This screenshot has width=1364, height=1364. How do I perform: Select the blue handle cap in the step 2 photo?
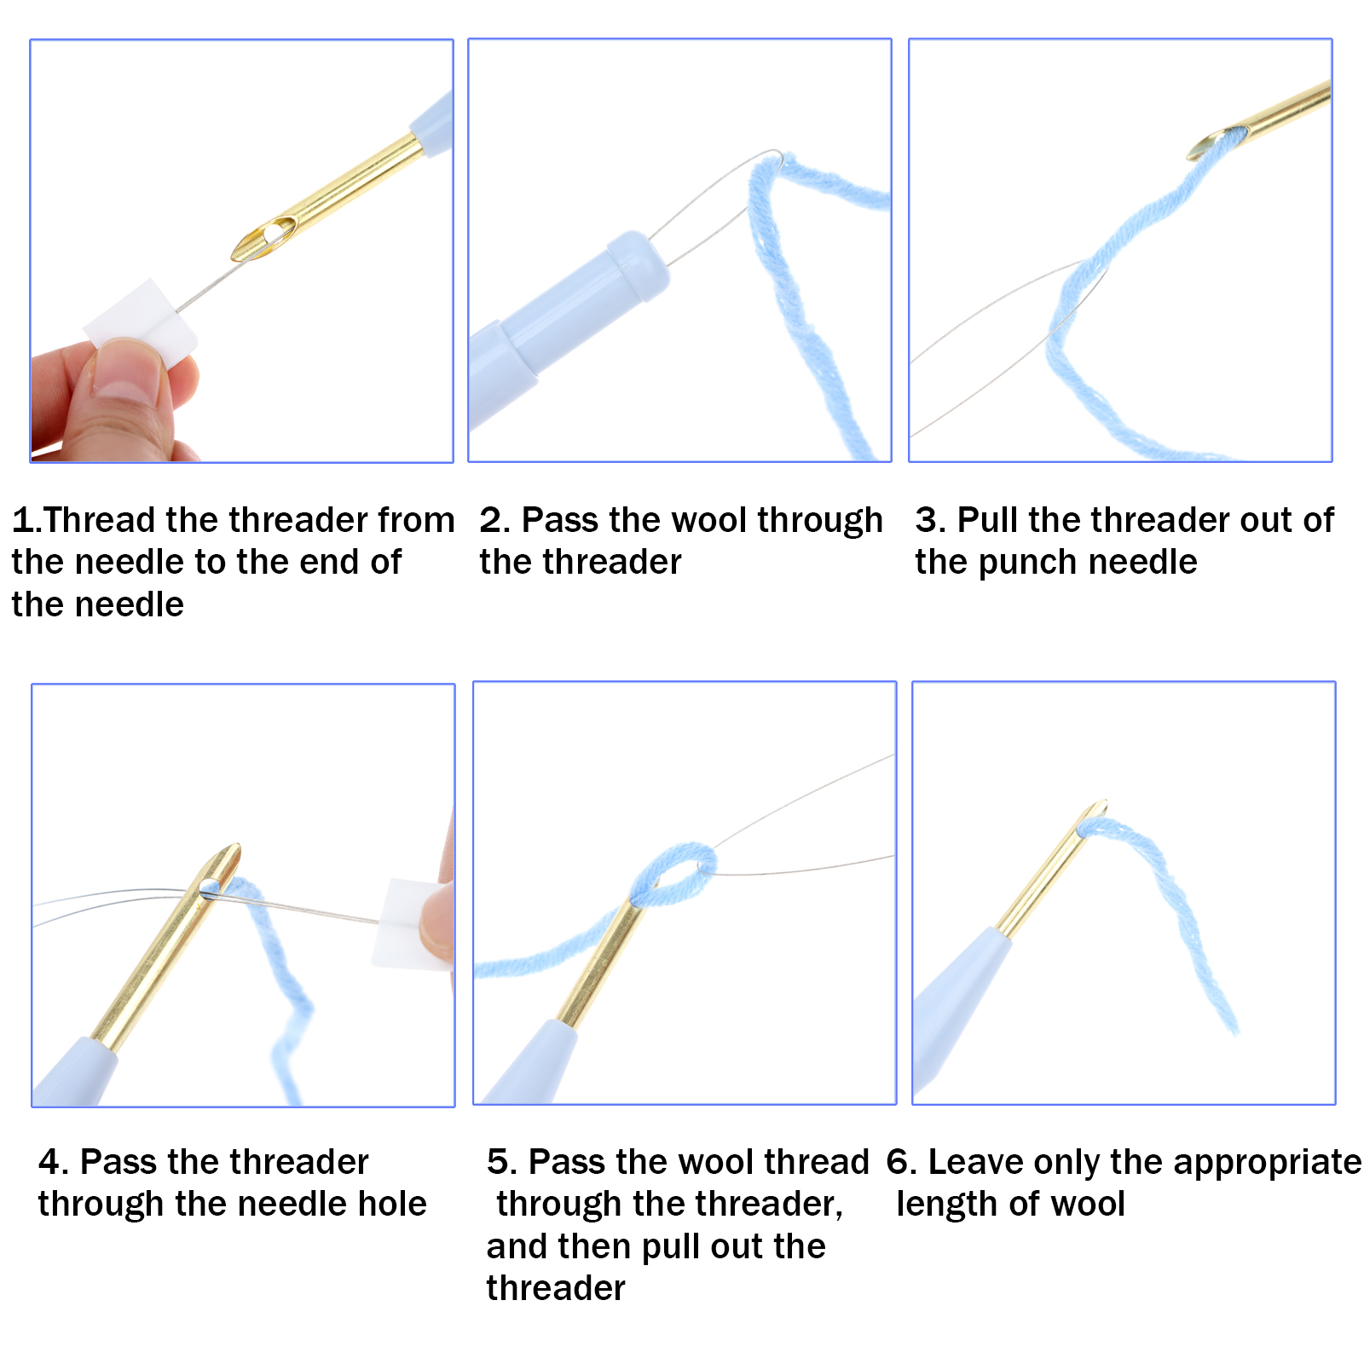636,265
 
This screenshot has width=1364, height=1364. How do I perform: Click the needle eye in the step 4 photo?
210,887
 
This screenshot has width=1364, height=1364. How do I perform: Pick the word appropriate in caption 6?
1236,1164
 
